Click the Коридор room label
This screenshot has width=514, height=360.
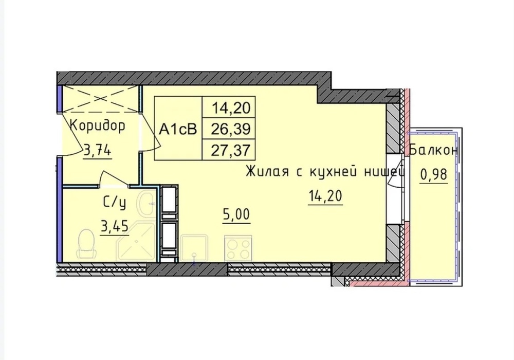point(97,125)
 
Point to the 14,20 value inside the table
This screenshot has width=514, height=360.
point(229,108)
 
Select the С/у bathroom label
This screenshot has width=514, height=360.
point(114,203)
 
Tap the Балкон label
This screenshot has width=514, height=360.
point(434,151)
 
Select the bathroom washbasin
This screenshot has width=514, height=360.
point(150,203)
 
